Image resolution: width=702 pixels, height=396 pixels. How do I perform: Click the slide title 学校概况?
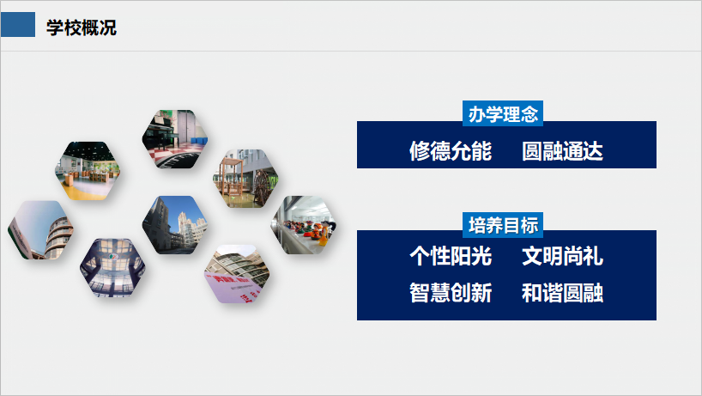pyautogui.click(x=81, y=27)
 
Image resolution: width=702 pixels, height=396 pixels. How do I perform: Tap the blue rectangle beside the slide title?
pyautogui.click(x=18, y=25)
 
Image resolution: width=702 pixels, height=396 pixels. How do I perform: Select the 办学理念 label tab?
pyautogui.click(x=503, y=113)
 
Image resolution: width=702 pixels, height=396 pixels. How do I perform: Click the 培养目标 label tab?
pyautogui.click(x=503, y=225)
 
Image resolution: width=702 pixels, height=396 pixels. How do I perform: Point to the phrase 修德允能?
pyautogui.click(x=451, y=151)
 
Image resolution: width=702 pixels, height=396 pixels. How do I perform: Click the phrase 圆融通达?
pyautogui.click(x=562, y=151)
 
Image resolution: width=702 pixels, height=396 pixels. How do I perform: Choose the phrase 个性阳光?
pyautogui.click(x=451, y=256)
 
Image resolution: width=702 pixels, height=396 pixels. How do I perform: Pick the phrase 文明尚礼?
pyautogui.click(x=562, y=256)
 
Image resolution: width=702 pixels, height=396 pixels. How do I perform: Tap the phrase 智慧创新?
pyautogui.click(x=451, y=293)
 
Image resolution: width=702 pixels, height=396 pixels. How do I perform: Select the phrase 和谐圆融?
pyautogui.click(x=562, y=293)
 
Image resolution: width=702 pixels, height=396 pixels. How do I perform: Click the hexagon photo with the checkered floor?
pyautogui.click(x=175, y=139)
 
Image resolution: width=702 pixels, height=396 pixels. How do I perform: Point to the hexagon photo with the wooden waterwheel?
pyautogui.click(x=245, y=179)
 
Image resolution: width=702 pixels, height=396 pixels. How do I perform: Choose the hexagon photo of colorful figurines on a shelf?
pyautogui.click(x=304, y=225)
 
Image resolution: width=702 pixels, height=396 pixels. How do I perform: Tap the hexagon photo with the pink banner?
pyautogui.click(x=237, y=274)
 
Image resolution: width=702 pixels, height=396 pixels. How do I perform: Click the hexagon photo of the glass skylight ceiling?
pyautogui.click(x=112, y=268)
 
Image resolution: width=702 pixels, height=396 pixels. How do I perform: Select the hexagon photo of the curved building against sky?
pyautogui.click(x=40, y=230)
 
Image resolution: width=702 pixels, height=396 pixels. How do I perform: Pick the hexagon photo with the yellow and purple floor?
pyautogui.click(x=88, y=171)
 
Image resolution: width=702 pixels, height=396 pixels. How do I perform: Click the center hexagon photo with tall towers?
pyautogui.click(x=175, y=225)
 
